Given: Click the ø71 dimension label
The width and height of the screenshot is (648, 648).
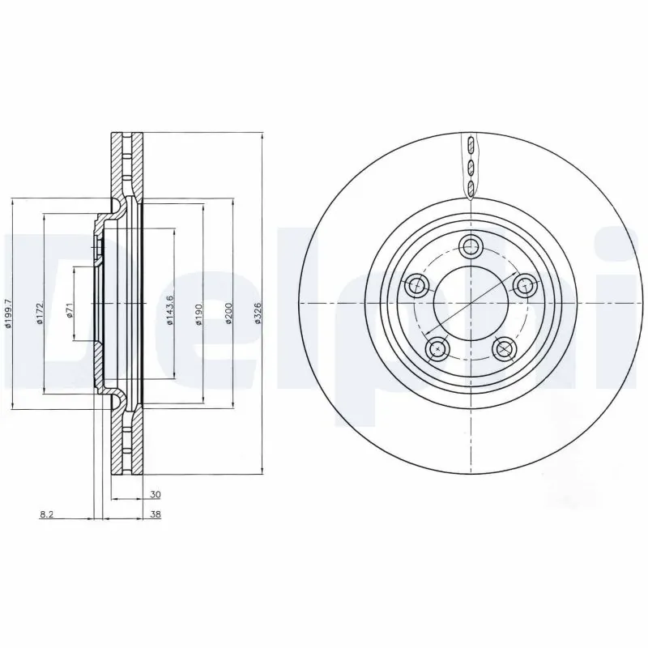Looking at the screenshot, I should pyautogui.click(x=70, y=311).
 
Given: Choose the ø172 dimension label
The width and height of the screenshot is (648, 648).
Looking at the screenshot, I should pyautogui.click(x=40, y=312).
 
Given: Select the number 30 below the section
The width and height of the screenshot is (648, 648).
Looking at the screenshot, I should pyautogui.click(x=155, y=493).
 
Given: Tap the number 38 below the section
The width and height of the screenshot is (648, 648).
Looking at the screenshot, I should pyautogui.click(x=155, y=514).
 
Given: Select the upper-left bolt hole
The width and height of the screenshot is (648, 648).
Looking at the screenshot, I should pyautogui.click(x=417, y=284).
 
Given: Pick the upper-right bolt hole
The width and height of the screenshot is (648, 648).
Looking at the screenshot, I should pyautogui.click(x=526, y=284).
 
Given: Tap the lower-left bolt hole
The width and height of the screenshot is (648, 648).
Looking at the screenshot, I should pyautogui.click(x=437, y=348).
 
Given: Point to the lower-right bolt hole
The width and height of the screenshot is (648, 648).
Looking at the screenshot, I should pyautogui.click(x=505, y=348).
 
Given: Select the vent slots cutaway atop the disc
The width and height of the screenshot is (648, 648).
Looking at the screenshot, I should pyautogui.click(x=471, y=166).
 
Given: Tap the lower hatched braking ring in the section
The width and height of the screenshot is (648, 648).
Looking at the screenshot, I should pyautogui.click(x=126, y=442).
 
